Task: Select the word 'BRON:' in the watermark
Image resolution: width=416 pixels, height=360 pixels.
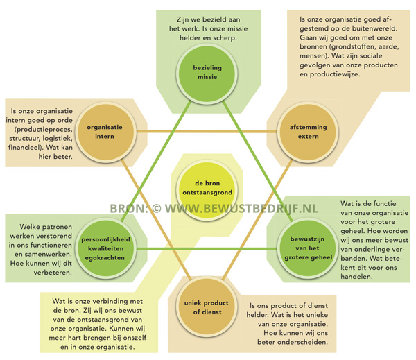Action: point(128,208)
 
